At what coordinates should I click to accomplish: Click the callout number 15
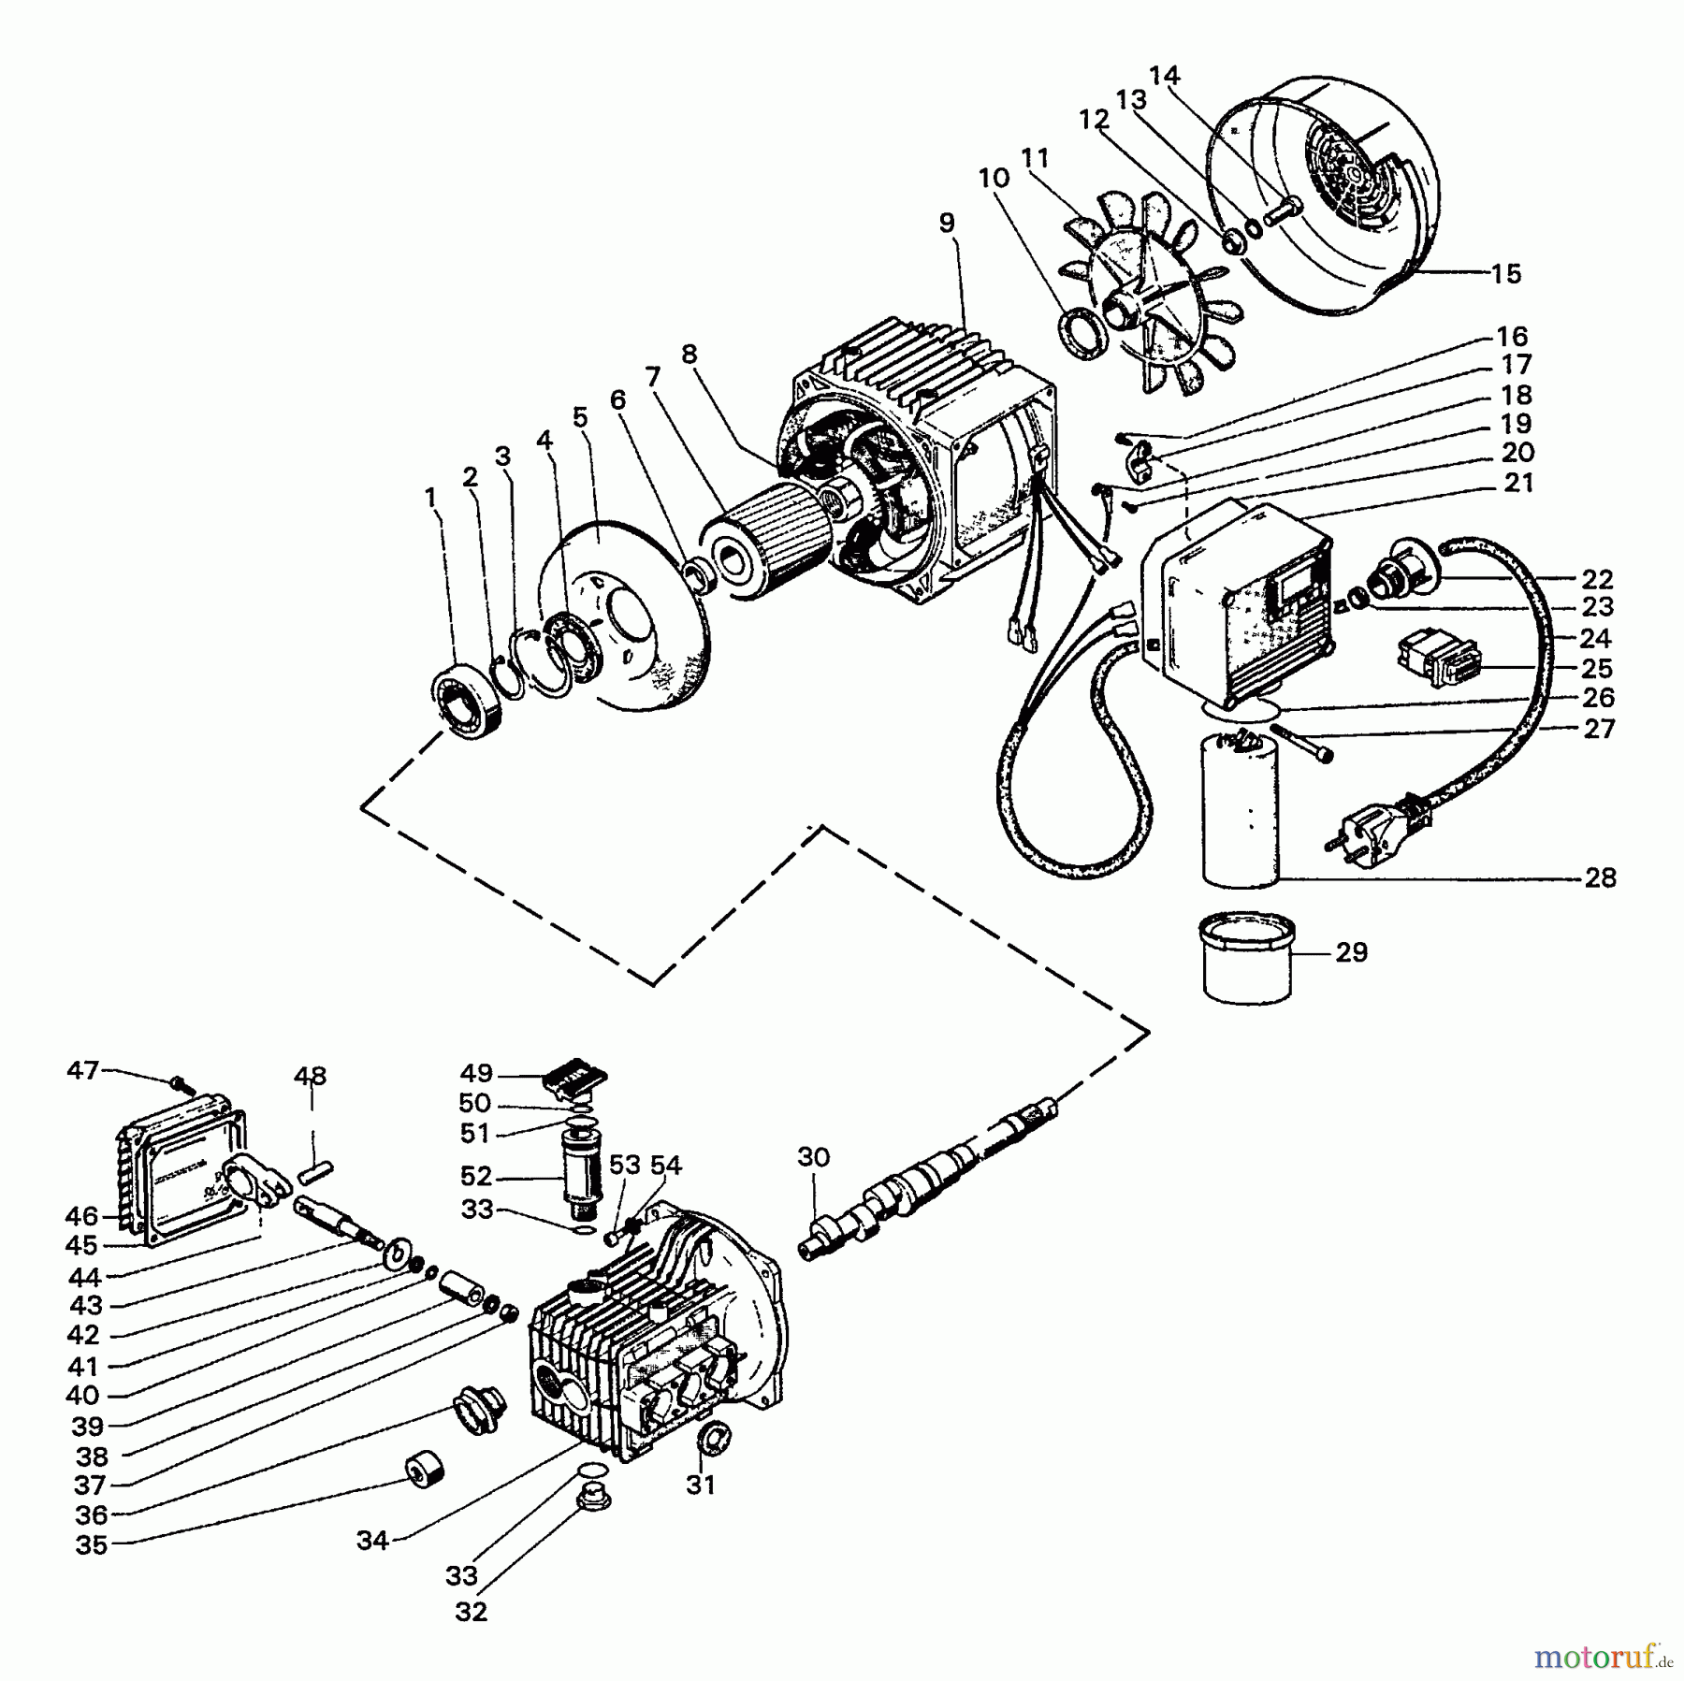(x=1505, y=274)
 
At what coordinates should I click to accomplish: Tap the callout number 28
(x=1601, y=877)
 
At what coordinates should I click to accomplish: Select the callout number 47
(x=82, y=1069)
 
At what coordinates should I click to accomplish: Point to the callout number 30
(x=813, y=1157)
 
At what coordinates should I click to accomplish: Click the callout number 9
(x=947, y=223)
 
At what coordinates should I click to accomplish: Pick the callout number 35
(x=92, y=1545)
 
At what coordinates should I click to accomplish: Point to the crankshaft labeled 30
(x=926, y=1179)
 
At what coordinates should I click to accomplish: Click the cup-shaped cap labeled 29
(x=1246, y=958)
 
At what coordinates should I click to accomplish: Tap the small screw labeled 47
(x=180, y=1085)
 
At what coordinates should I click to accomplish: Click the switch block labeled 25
(x=1437, y=659)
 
